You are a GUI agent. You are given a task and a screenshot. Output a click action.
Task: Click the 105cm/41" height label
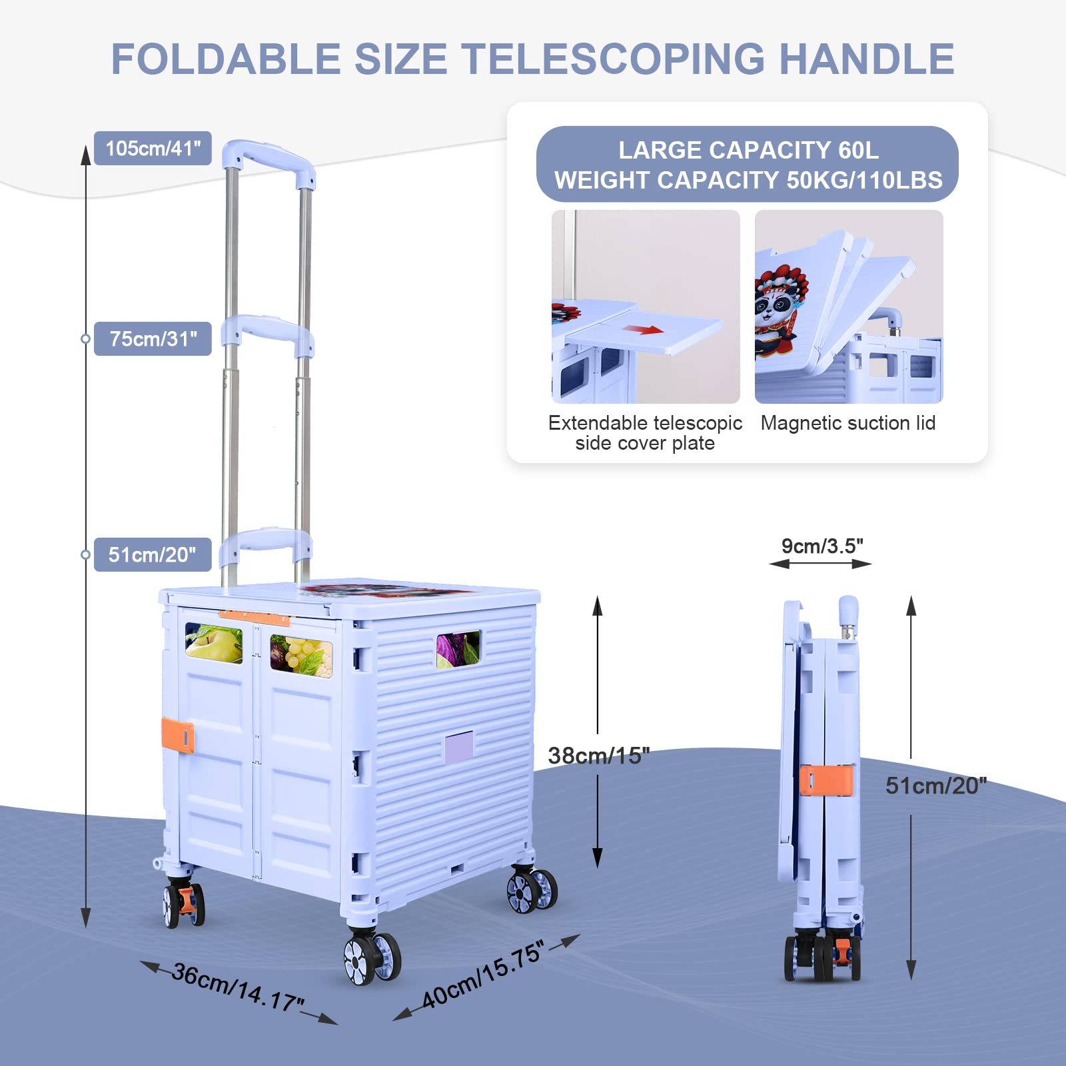point(153,148)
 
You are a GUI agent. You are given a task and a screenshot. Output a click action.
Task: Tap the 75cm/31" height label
point(153,338)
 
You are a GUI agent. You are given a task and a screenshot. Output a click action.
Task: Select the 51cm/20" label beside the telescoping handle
point(153,554)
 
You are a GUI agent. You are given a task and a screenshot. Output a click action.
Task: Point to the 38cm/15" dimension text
point(598,756)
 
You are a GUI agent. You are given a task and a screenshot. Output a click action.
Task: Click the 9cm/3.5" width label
point(822,546)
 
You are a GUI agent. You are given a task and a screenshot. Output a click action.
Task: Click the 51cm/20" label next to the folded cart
point(935,786)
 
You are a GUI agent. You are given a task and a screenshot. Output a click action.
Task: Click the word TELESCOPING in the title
point(613,59)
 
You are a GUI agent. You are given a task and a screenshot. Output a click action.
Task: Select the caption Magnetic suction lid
point(848,423)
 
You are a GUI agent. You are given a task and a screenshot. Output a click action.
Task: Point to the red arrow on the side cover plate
point(642,329)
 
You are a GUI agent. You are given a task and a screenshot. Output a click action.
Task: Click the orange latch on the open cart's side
point(178,736)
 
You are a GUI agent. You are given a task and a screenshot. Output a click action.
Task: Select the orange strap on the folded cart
point(826,780)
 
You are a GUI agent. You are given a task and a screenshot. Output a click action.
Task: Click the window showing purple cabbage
point(458,648)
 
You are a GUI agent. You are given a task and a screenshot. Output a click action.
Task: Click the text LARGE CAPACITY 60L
point(748,151)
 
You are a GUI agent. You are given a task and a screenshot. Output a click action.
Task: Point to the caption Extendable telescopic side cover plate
point(645,433)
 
